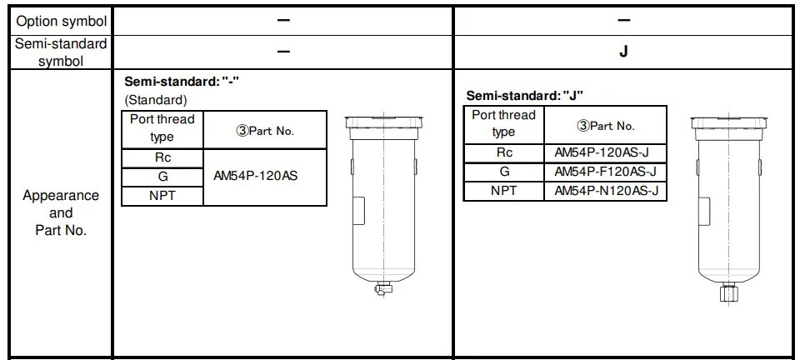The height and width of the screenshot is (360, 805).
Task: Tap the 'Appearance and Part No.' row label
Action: click(x=60, y=212)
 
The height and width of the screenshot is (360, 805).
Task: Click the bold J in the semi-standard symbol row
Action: click(x=623, y=51)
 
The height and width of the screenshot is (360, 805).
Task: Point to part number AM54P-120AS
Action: click(x=255, y=177)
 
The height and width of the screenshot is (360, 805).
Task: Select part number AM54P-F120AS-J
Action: click(x=605, y=172)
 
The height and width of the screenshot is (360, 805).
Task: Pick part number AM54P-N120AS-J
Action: click(x=605, y=191)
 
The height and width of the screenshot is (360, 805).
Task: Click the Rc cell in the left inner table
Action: click(x=162, y=158)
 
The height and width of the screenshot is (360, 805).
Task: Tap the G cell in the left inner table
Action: click(x=162, y=177)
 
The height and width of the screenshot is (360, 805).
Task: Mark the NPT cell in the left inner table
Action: click(x=162, y=196)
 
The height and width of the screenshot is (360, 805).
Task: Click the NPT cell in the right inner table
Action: click(x=503, y=191)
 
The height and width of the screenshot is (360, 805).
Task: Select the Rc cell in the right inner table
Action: click(x=503, y=152)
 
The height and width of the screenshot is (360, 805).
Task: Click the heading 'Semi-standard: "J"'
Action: click(x=525, y=96)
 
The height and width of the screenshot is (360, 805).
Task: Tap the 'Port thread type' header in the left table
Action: click(x=162, y=128)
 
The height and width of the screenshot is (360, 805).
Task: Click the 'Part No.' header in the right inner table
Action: click(x=605, y=126)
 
